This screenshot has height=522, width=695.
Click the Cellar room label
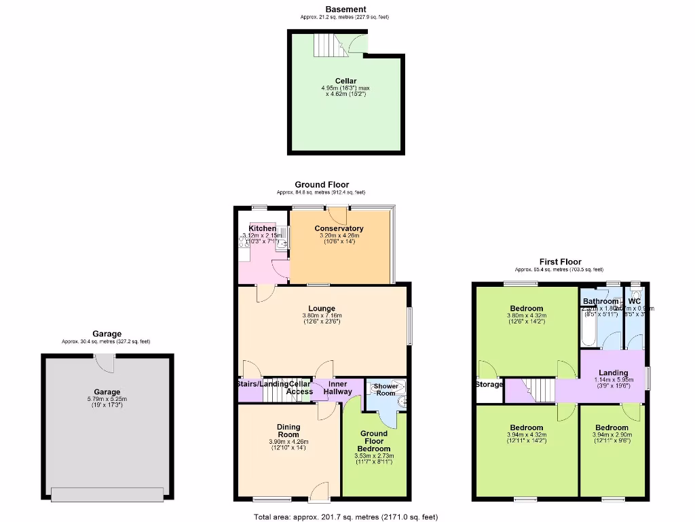coord(345,81)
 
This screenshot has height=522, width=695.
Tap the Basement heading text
coord(345,9)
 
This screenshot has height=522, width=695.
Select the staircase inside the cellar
coord(325,46)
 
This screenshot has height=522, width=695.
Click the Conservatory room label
coord(339,228)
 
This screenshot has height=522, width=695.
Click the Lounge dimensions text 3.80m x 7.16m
coord(322,315)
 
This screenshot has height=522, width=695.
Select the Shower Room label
coord(386,389)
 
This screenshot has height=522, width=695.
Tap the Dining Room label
coord(288,430)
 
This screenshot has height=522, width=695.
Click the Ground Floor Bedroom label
coord(374,441)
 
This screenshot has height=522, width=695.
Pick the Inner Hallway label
coord(337,387)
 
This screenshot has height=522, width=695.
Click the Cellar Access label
coord(299,387)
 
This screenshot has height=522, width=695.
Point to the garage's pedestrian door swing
coord(104,364)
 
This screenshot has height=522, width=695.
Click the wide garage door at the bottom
coord(107,495)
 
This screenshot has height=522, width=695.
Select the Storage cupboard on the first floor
coord(489,385)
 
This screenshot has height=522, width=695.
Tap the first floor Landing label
coord(613,372)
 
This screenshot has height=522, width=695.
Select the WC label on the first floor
coord(635,301)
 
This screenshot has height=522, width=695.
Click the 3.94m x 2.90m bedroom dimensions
coord(612,435)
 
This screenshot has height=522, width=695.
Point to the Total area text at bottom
coord(346,517)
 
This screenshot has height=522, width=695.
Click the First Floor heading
coord(560,262)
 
